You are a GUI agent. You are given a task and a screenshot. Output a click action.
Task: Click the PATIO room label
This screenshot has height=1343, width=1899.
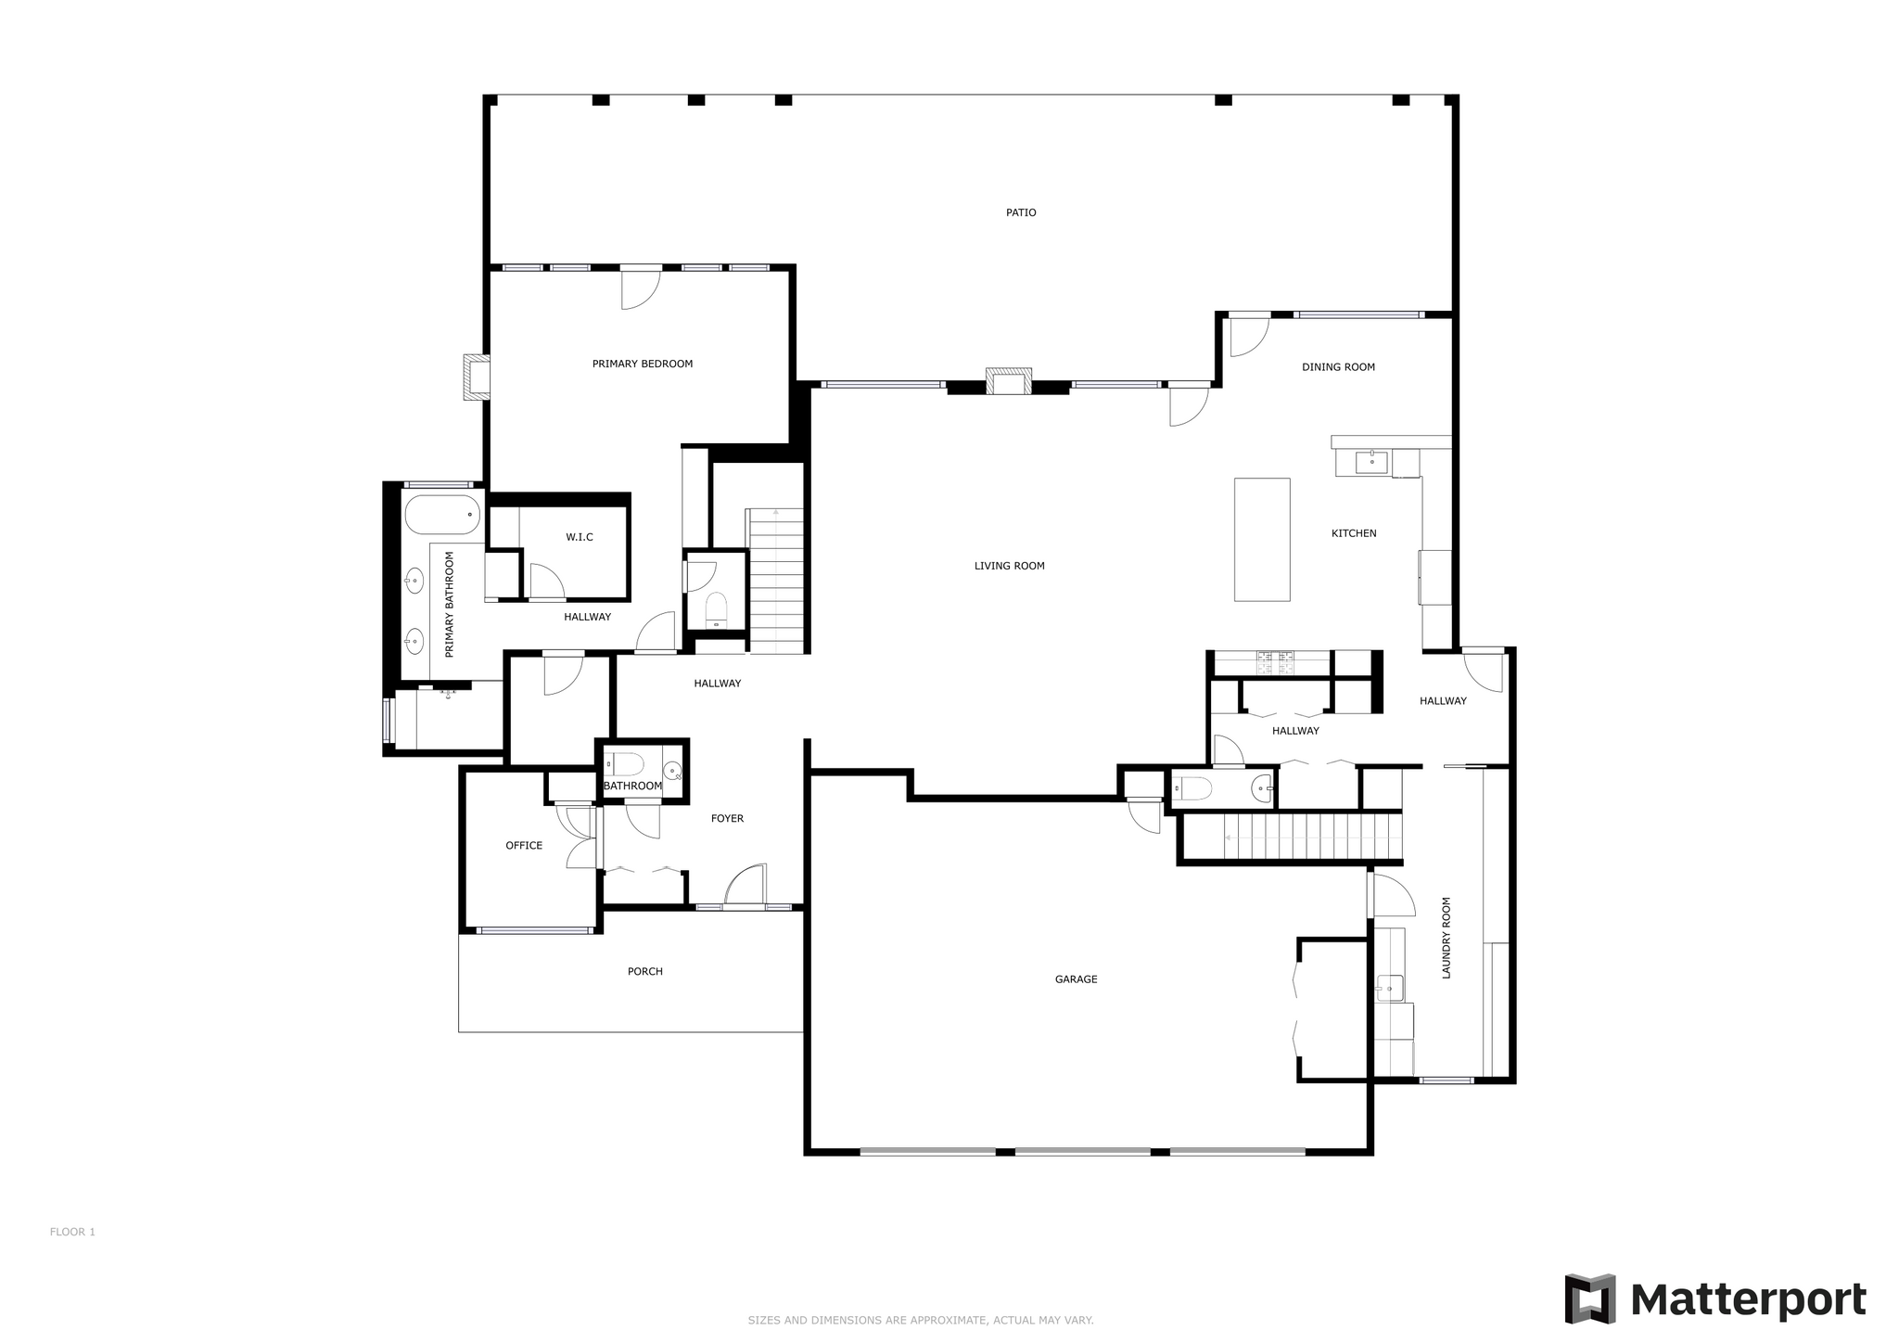(1021, 212)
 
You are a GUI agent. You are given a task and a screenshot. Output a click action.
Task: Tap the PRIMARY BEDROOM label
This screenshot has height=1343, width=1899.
(643, 364)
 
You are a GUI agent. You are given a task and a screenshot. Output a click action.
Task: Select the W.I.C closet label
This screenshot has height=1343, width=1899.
(580, 537)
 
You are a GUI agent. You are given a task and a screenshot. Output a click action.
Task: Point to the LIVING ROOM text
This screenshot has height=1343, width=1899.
(1009, 566)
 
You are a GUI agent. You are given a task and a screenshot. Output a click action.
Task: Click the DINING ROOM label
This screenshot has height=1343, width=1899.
(1338, 367)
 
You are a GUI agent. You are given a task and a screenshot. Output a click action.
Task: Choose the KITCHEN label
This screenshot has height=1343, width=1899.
(1354, 533)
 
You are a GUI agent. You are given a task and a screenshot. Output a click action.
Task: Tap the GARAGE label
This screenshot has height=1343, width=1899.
(1076, 979)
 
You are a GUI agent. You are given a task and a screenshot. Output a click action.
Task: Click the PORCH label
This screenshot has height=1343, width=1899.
(645, 972)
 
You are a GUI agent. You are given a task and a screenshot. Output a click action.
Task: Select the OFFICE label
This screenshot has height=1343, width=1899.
(524, 846)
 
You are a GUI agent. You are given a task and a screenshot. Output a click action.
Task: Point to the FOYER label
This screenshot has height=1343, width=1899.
(727, 819)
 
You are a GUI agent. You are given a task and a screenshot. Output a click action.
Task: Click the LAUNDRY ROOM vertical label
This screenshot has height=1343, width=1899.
(1446, 938)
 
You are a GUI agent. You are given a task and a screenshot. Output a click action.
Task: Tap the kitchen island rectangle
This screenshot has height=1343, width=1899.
(1262, 540)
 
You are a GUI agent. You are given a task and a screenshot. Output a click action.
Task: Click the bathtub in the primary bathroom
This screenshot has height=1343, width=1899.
(443, 515)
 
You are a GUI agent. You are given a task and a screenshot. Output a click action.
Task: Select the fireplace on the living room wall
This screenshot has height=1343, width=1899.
(1008, 381)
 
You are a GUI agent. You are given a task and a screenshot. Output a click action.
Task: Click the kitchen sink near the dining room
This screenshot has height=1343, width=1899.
(1371, 462)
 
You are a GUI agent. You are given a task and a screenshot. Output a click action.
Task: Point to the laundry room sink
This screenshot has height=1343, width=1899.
(1390, 989)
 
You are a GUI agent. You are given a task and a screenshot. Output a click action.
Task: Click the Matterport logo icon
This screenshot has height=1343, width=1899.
(1590, 1299)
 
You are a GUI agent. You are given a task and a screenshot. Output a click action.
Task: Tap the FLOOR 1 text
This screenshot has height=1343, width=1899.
(72, 1233)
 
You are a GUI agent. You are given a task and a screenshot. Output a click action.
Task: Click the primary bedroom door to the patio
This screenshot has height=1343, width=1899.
(640, 288)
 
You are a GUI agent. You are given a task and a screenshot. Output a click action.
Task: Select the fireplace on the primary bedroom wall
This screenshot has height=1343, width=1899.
(477, 377)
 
